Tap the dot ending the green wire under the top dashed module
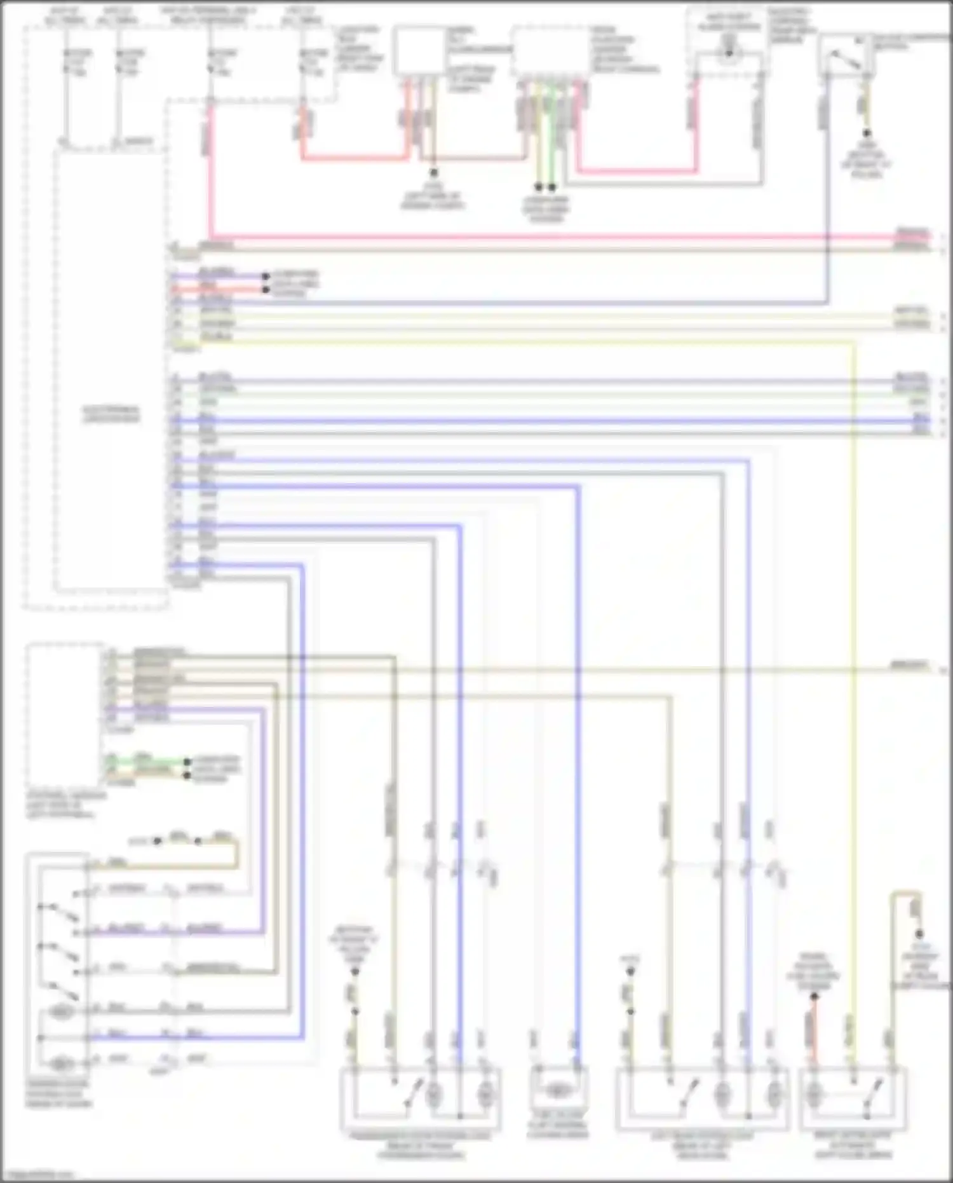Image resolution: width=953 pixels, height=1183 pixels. (551, 187)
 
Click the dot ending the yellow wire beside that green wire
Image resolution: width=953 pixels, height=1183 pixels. (539, 187)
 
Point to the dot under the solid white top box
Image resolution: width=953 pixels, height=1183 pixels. (434, 172)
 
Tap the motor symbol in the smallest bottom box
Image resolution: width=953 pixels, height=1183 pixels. (557, 1091)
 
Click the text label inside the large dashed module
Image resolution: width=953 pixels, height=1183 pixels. (111, 414)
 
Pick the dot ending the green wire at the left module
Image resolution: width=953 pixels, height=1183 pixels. (187, 761)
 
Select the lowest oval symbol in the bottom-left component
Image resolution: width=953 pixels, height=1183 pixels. (62, 1063)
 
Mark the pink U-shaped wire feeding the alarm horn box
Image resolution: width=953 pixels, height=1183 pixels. (635, 170)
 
